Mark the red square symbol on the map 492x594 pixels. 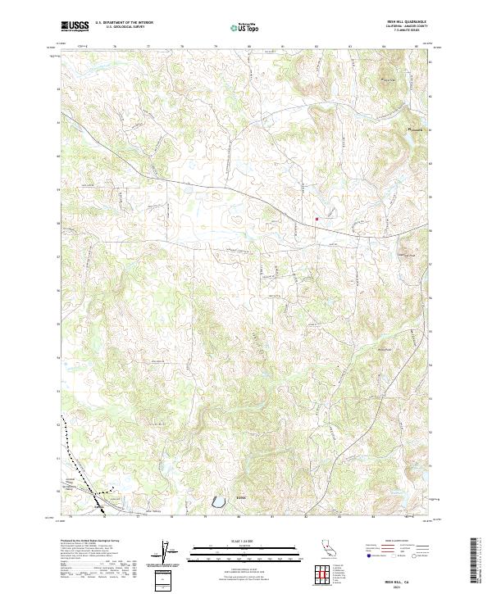[317, 219]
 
